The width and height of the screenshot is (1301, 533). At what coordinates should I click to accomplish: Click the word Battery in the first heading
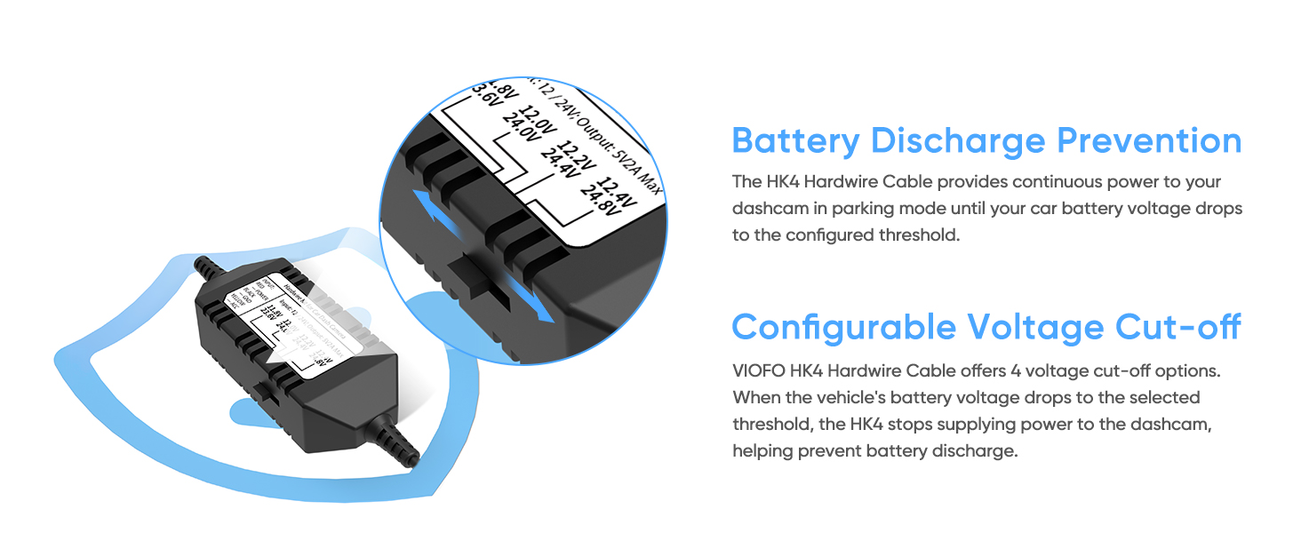pos(795,141)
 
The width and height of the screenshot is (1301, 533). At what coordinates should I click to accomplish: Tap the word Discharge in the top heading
pos(958,141)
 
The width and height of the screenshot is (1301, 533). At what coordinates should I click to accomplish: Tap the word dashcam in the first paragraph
pos(767,208)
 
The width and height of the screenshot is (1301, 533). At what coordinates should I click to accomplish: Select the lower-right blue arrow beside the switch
pos(533,304)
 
